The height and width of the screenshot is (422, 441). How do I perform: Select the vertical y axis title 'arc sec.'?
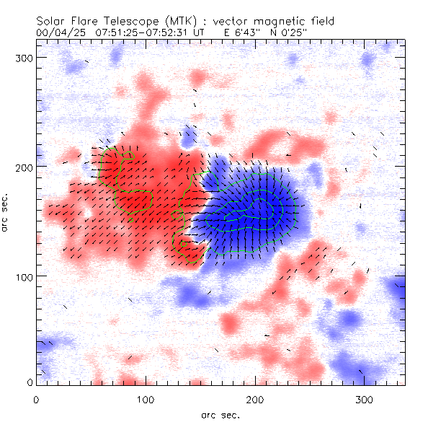coord(6,214)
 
